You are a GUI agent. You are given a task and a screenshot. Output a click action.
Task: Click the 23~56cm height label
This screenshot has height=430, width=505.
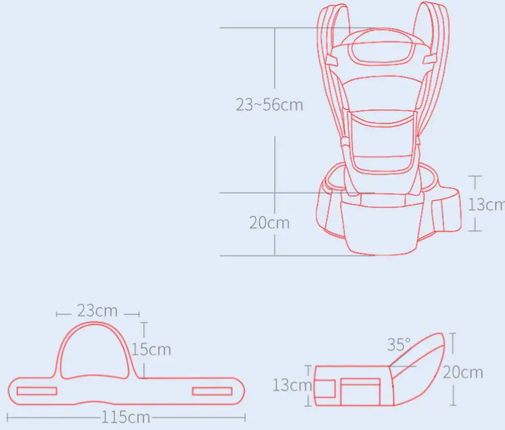coord(269,105)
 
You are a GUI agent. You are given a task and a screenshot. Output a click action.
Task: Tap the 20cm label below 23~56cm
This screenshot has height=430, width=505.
coord(269,222)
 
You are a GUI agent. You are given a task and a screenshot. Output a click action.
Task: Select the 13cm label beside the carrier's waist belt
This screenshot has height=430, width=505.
coord(486,204)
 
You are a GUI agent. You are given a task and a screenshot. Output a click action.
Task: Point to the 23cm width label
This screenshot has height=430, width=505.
coord(97,311)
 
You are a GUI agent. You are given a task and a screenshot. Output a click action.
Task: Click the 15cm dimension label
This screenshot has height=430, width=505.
coord(151,349)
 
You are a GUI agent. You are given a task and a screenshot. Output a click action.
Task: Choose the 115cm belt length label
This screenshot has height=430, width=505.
coord(126,417)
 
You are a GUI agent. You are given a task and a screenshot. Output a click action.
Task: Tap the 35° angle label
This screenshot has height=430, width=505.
coord(398,344)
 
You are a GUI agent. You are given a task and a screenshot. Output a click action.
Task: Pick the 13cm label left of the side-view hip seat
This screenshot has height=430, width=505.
coord(292,385)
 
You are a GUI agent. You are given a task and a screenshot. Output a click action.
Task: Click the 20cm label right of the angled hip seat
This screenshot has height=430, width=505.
coord(463,372)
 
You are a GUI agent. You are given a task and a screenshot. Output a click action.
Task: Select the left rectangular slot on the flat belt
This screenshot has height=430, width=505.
coord(36,391)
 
